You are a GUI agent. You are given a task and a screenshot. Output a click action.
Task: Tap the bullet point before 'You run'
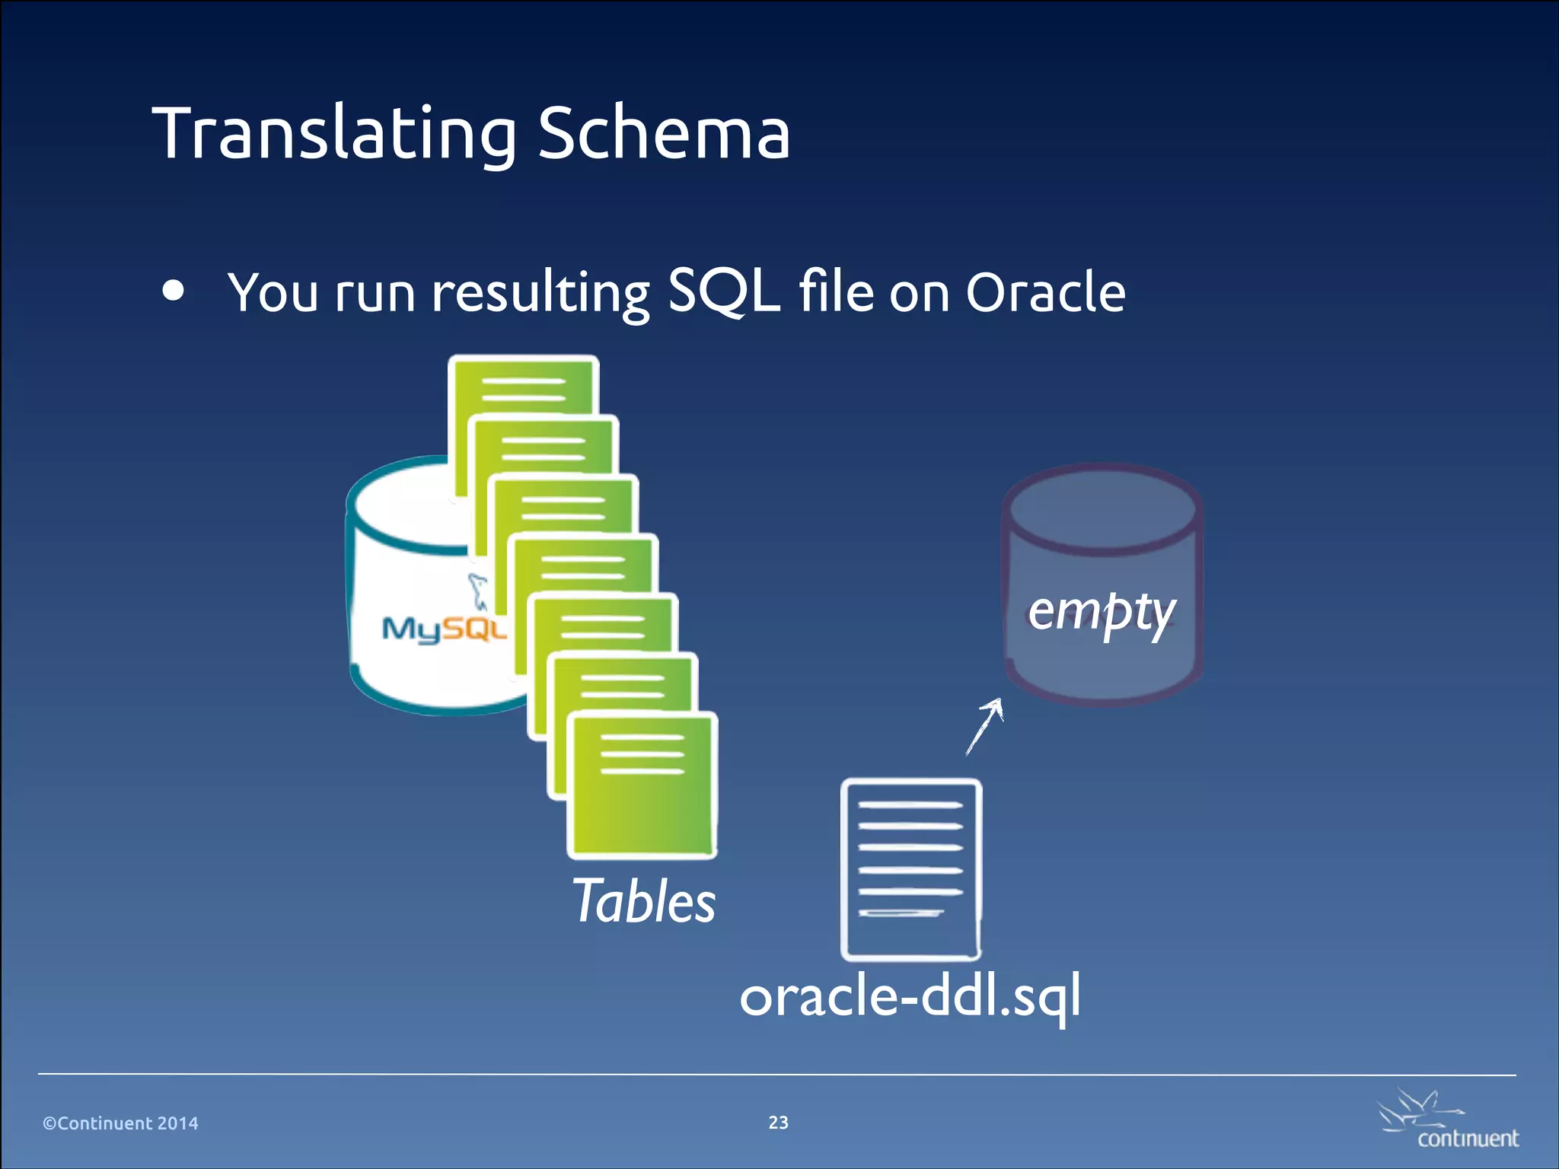pos(174,291)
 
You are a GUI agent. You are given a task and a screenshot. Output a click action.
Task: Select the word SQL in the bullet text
pos(723,291)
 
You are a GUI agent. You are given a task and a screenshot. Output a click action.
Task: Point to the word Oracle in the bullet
pos(1045,291)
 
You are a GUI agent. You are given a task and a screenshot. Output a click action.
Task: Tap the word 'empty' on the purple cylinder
pos(1102,611)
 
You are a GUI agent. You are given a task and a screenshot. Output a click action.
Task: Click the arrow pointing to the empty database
pos(984,726)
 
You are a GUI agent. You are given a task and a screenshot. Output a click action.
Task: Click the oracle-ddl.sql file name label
pos(910,996)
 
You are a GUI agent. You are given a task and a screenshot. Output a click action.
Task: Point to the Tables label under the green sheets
pos(644,901)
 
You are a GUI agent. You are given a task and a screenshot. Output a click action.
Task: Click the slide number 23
pos(778,1123)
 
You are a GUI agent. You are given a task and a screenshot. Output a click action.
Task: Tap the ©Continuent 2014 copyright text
pos(120,1123)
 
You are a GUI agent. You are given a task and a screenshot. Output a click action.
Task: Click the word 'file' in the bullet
pos(836,291)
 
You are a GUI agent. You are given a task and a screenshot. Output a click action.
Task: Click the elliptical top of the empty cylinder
pos(1102,509)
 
